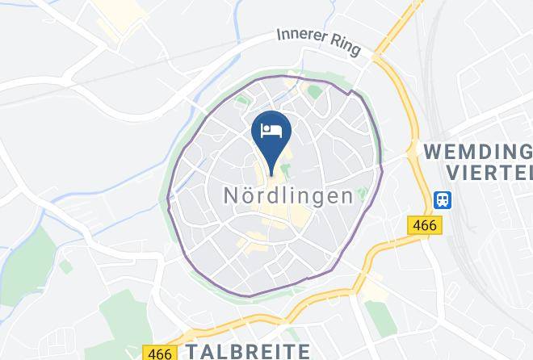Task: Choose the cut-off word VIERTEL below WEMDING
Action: pyautogui.click(x=488, y=172)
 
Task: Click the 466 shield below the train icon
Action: pyautogui.click(x=423, y=225)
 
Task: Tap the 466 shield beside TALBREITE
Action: pyautogui.click(x=159, y=353)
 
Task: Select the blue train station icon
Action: pyautogui.click(x=443, y=199)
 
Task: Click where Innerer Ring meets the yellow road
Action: pyautogui.click(x=380, y=57)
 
